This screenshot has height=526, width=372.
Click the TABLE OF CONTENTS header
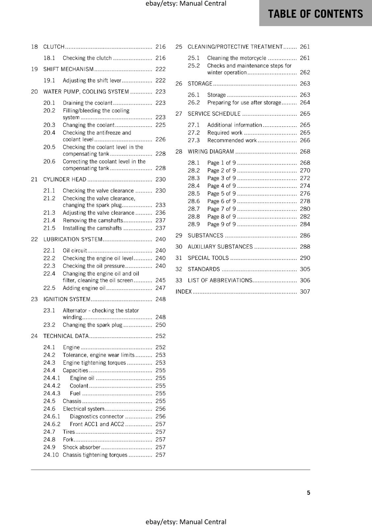tap(315, 14)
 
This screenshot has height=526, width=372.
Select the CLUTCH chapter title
tap(54, 47)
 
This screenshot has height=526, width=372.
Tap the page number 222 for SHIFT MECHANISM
tap(160, 69)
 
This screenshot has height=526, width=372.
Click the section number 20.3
tap(49, 125)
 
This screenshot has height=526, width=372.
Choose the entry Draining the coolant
tap(88, 103)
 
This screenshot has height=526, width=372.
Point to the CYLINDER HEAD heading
tap(65, 179)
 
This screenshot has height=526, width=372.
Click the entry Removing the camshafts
tap(93, 221)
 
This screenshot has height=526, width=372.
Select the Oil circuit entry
tap(75, 251)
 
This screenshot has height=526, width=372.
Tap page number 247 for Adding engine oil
tap(160, 288)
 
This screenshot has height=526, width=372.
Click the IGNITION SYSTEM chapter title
tap(67, 299)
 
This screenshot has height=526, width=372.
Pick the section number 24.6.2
tap(52, 424)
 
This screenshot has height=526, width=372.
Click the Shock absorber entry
tap(82, 447)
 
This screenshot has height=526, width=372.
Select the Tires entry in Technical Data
tap(69, 432)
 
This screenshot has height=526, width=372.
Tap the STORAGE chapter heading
tap(200, 84)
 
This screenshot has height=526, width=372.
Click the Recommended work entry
tap(232, 140)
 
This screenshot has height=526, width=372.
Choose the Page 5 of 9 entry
tap(222, 194)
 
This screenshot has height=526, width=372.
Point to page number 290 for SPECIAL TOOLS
tap(305, 258)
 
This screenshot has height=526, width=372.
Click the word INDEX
tap(184, 292)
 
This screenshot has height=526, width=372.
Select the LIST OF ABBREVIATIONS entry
tap(220, 280)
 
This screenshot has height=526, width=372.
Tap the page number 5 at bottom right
tap(308, 493)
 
